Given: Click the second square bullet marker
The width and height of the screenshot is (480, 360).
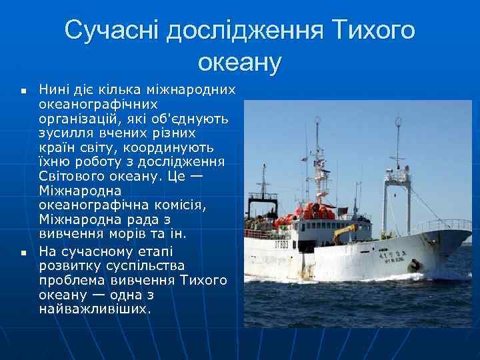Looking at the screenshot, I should pos(23,253).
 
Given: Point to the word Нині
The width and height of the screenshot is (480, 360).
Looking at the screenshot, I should pos(54,89).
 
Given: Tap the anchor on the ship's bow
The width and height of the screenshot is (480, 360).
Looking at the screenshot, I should pos(414,265).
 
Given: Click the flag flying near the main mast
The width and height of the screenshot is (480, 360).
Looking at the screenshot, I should pos(319,163).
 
